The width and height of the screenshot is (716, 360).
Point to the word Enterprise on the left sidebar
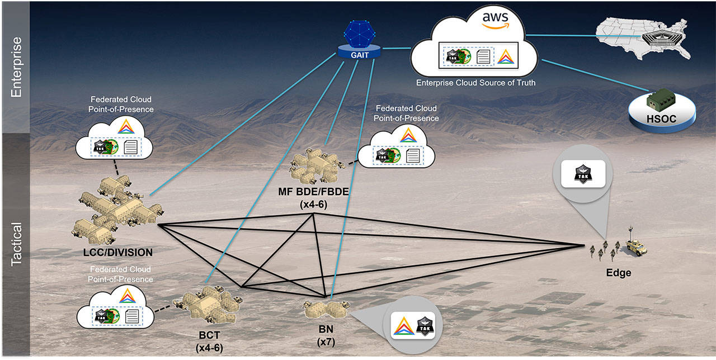point(16,67)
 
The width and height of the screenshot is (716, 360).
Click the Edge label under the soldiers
point(618,273)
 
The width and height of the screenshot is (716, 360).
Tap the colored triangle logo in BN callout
point(402,325)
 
